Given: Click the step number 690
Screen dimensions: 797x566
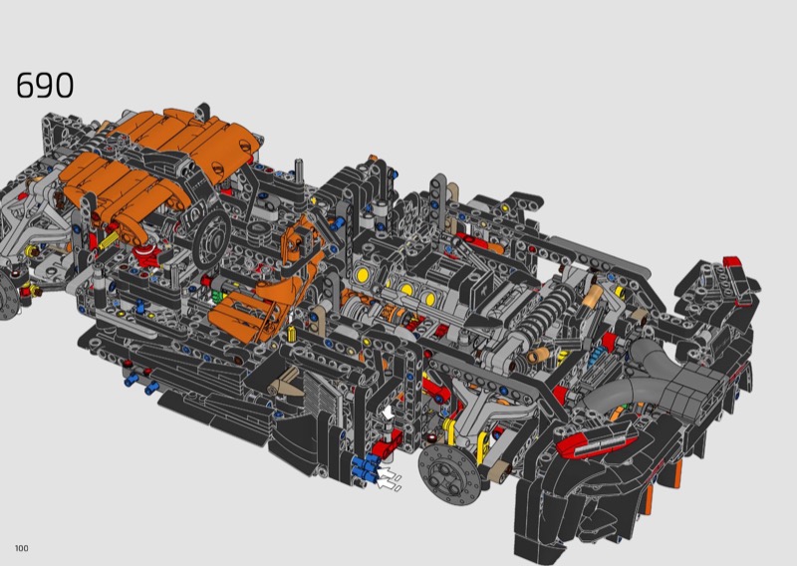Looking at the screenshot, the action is [x=45, y=85].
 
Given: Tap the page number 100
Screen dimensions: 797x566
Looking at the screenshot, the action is [x=21, y=548].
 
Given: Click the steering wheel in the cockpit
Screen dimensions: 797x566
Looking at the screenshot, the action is [x=212, y=238].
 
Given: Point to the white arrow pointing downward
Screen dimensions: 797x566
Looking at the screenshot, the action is [x=388, y=412].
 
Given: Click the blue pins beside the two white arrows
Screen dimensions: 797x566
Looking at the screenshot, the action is [x=366, y=468].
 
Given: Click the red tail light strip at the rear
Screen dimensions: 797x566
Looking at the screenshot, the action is [x=596, y=440].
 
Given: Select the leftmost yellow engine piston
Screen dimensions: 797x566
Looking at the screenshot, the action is [x=363, y=275].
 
